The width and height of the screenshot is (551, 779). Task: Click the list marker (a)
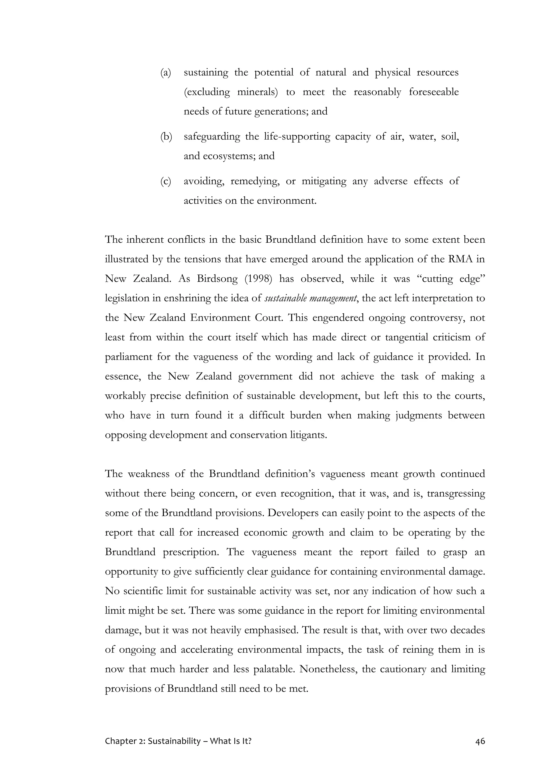[x=165, y=73]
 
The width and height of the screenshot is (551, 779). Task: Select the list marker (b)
[x=166, y=137]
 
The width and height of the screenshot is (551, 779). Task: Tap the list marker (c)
[x=165, y=182]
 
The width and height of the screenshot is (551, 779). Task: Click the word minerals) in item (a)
[x=257, y=92]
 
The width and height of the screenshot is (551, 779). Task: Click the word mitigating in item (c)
[x=324, y=182]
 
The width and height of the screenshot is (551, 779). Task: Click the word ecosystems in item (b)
[x=229, y=156]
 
